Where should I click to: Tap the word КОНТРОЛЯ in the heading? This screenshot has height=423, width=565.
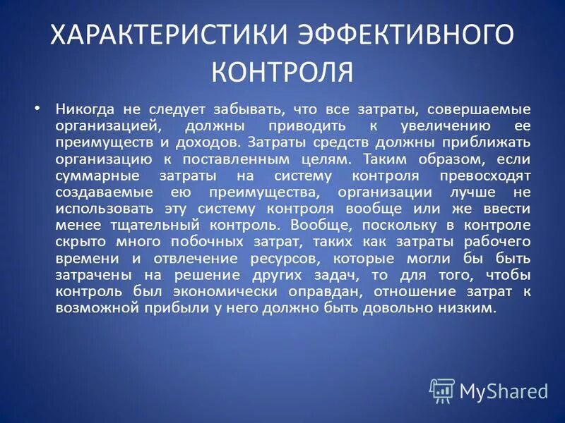pos(282,70)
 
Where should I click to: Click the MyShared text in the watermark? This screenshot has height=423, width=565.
pos(504,390)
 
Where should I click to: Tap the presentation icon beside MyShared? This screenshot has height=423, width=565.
pos(442,390)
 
